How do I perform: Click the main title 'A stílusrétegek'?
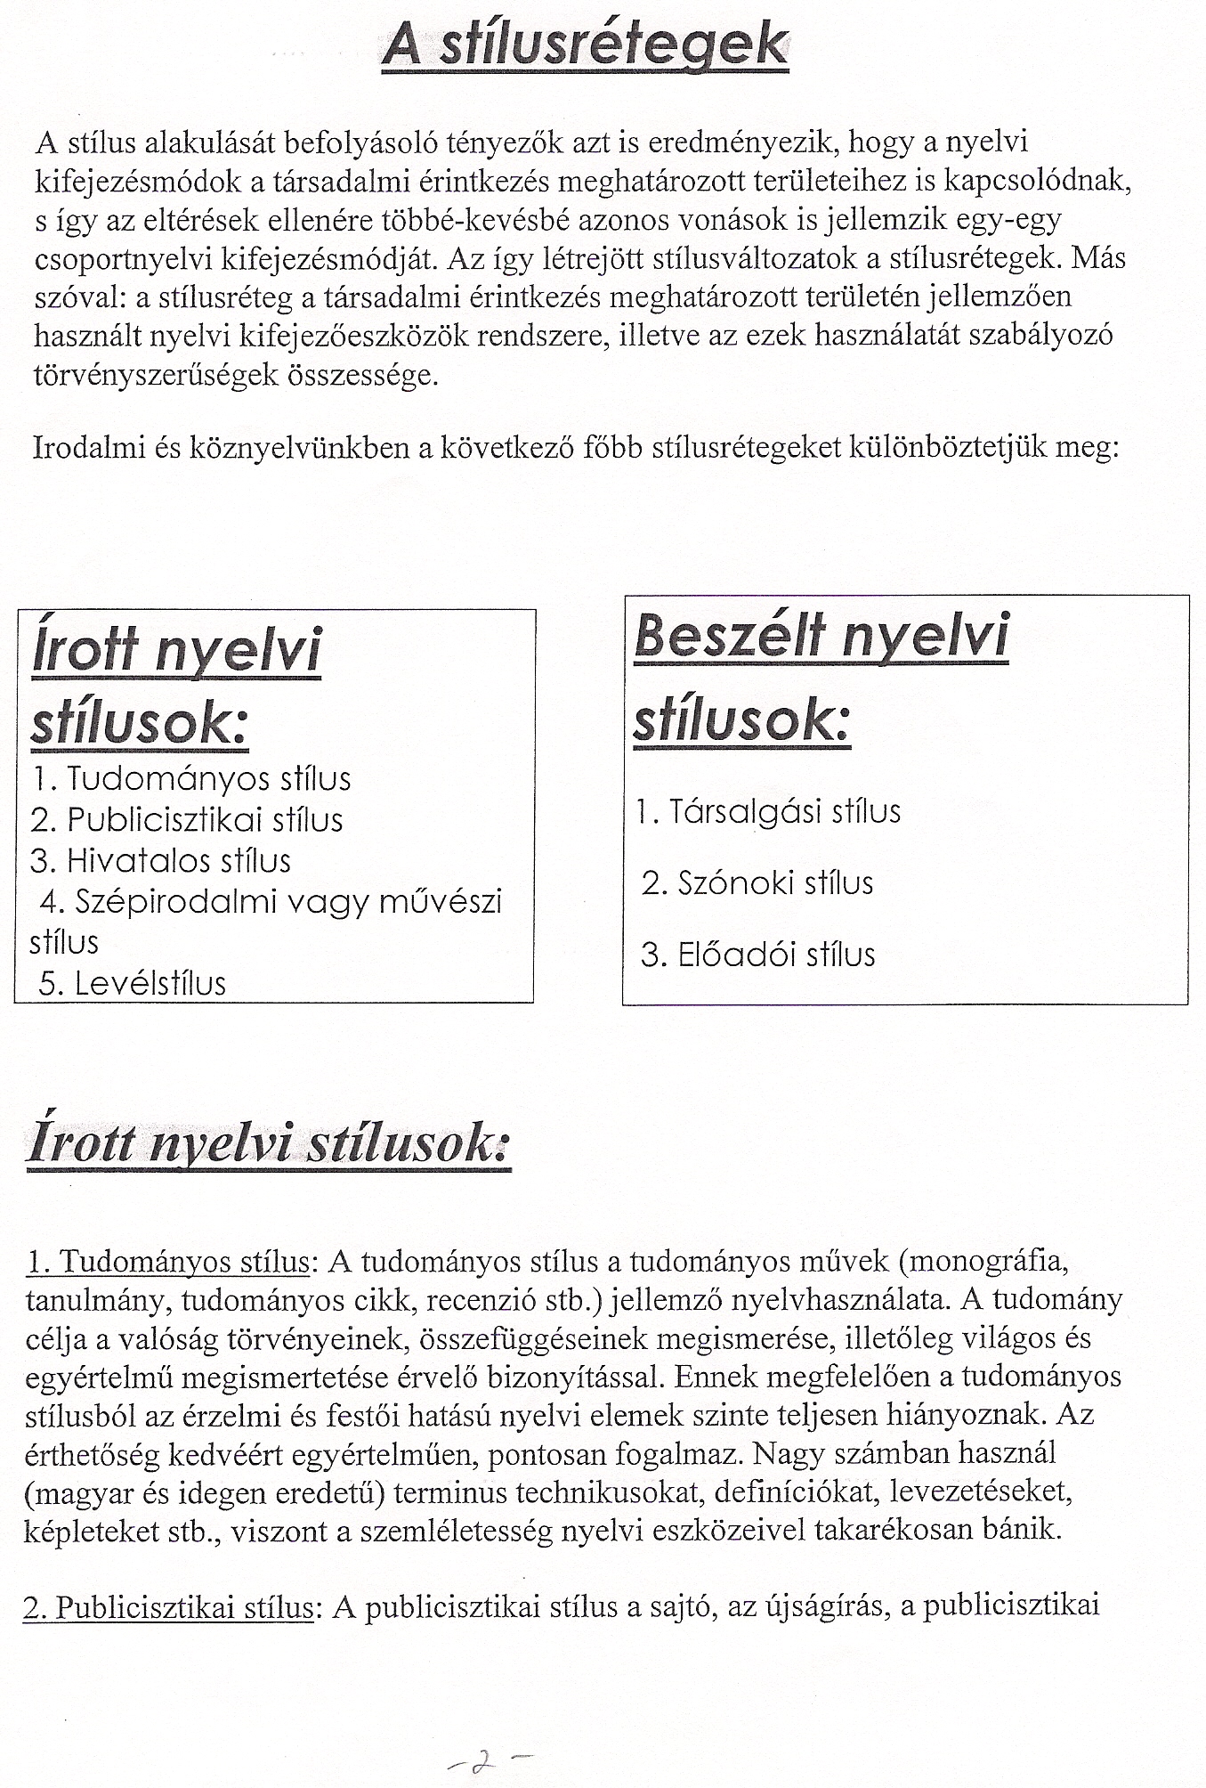point(585,45)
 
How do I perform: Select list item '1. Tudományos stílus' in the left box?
point(192,779)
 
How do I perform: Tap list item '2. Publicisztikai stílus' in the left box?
point(188,820)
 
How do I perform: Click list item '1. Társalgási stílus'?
point(769,811)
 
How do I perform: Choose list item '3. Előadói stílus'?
point(758,955)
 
